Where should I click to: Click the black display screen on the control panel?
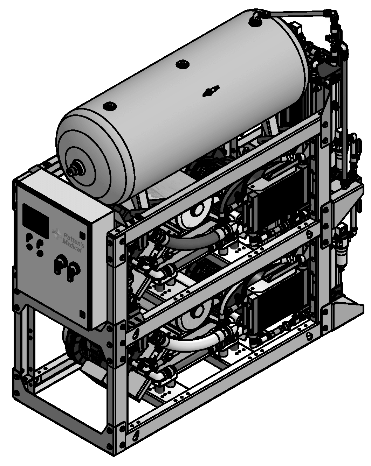click(x=36, y=218)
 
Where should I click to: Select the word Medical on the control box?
click(x=72, y=246)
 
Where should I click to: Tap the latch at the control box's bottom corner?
click(x=82, y=314)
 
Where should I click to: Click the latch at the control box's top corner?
click(x=82, y=235)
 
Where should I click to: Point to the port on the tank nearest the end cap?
click(x=110, y=106)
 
